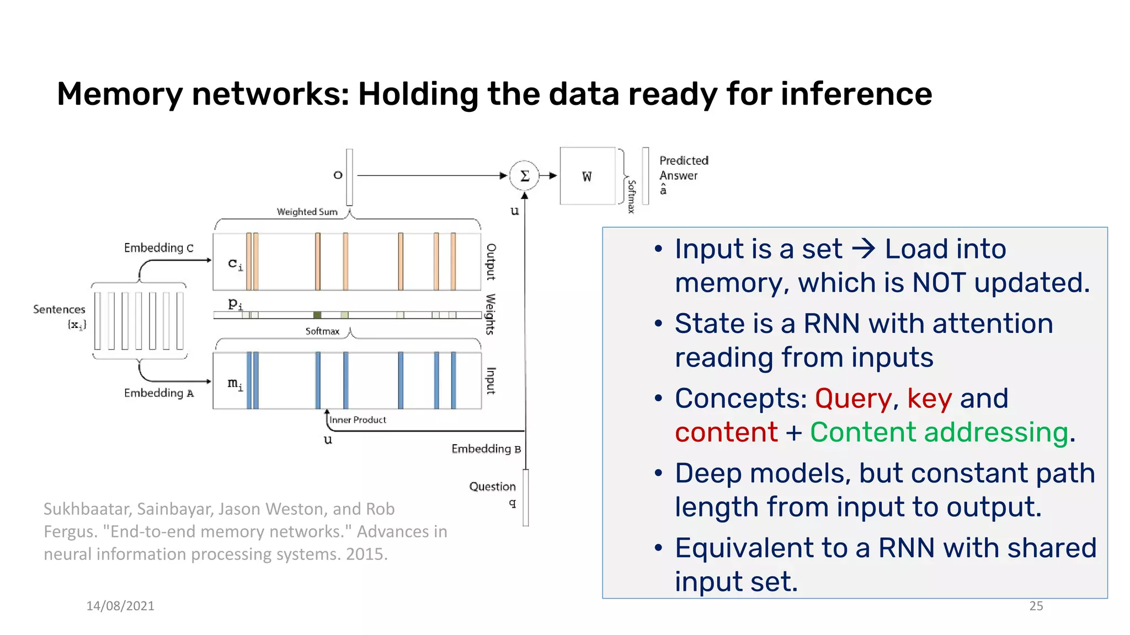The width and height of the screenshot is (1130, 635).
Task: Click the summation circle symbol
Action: (x=524, y=176)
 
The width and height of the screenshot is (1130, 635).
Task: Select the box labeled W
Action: (x=587, y=176)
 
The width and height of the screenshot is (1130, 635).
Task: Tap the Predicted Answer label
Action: (x=683, y=168)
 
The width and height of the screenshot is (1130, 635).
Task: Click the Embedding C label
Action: (x=159, y=248)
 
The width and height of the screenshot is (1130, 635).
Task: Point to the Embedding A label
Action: (x=159, y=393)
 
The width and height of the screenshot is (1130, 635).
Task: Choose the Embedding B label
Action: (x=486, y=449)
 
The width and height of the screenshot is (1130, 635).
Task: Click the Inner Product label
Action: (x=358, y=420)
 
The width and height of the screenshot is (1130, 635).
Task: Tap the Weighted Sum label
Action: (x=307, y=212)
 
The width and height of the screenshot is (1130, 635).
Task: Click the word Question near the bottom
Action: (x=492, y=487)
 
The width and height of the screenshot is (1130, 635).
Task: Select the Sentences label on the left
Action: (x=59, y=309)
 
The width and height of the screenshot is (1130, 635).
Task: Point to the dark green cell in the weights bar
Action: (x=317, y=315)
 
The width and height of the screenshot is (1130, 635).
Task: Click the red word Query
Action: (x=853, y=399)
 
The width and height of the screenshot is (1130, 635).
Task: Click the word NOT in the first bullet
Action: (x=939, y=283)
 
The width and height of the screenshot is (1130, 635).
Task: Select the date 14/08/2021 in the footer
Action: (x=120, y=606)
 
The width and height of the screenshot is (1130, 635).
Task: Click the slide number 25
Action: (x=1036, y=606)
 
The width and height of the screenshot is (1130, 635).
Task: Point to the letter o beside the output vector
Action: (x=338, y=175)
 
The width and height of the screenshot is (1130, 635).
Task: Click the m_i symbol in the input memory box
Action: (x=235, y=383)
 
